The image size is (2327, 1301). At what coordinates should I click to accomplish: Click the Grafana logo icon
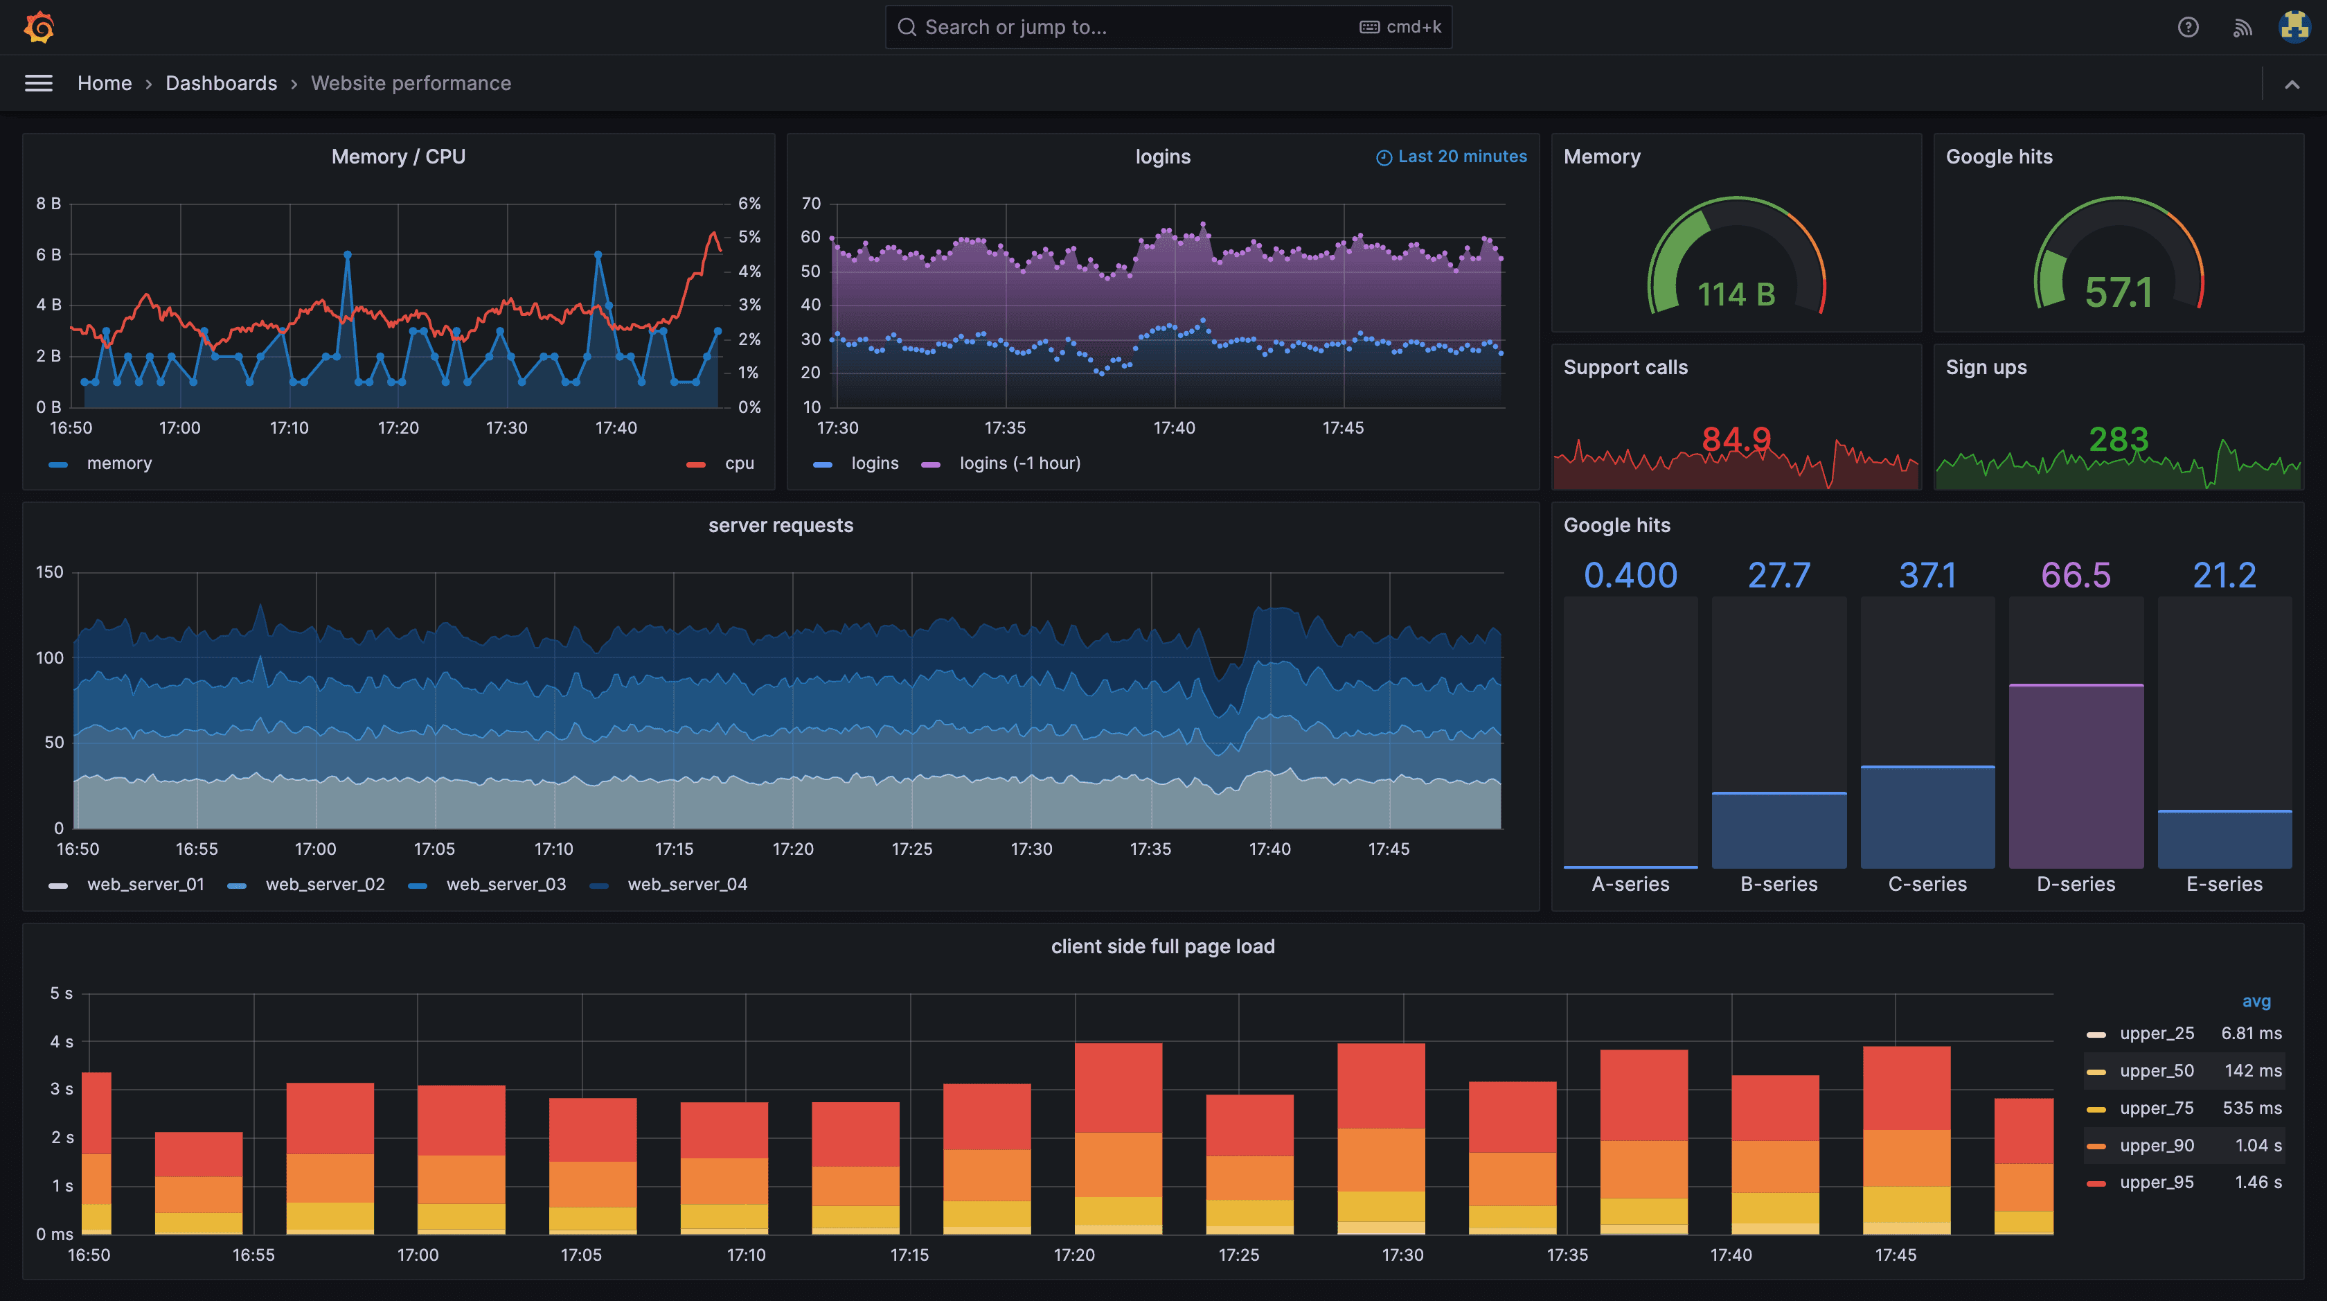point(39,27)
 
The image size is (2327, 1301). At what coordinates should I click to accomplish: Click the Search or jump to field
point(1120,27)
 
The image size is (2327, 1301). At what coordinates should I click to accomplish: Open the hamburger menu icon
point(38,83)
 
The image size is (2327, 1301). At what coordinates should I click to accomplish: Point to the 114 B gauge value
point(1736,294)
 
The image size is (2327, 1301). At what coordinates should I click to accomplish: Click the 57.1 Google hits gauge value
point(2117,293)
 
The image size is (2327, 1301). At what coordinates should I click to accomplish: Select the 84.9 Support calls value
point(1736,440)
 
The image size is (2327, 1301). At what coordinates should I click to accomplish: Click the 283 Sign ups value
point(2117,440)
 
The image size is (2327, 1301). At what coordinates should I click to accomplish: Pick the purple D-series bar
point(2075,777)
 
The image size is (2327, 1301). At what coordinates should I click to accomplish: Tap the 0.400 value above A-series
point(1630,576)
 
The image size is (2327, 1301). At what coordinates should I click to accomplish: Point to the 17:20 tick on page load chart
point(1073,1255)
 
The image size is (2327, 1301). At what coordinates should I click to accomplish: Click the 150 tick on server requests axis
point(50,572)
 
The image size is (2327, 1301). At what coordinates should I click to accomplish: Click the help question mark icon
point(2187,27)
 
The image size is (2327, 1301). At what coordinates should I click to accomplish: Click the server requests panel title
point(781,525)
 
